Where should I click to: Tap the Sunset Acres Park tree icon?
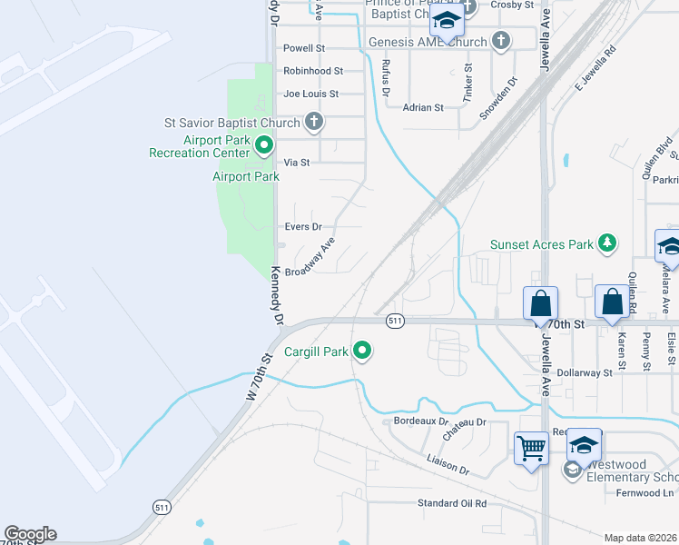pyautogui.click(x=607, y=243)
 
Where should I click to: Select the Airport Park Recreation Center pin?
pyautogui.click(x=264, y=144)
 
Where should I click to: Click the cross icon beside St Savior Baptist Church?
pyautogui.click(x=313, y=122)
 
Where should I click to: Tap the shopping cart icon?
pyautogui.click(x=531, y=447)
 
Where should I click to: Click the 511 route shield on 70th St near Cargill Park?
pyautogui.click(x=394, y=321)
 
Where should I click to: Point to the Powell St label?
pyautogui.click(x=304, y=48)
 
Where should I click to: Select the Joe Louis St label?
pyautogui.click(x=310, y=94)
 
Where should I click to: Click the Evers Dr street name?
pyautogui.click(x=303, y=227)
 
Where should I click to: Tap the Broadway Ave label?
pyautogui.click(x=310, y=257)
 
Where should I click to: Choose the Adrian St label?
pyautogui.click(x=423, y=107)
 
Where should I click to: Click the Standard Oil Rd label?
pyautogui.click(x=452, y=503)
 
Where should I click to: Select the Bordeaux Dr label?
pyautogui.click(x=422, y=421)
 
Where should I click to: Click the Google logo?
pyautogui.click(x=30, y=534)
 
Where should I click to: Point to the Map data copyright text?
pyautogui.click(x=641, y=538)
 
